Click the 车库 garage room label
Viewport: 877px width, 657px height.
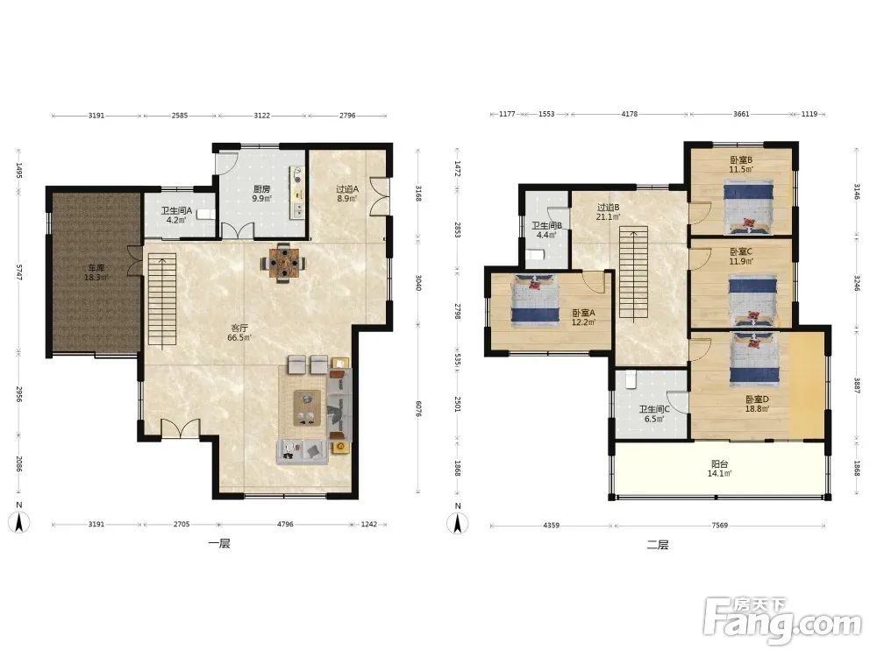[96, 267]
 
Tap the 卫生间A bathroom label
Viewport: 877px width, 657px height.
[177, 210]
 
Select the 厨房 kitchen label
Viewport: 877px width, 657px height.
[261, 189]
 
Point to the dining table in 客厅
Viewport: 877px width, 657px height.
[285, 262]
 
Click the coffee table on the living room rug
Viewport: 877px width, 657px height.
[307, 408]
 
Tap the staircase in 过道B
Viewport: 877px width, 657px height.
[633, 273]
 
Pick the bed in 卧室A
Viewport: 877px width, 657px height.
[535, 300]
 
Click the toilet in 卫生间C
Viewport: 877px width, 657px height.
[631, 379]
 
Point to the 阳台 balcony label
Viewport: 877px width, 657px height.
[719, 463]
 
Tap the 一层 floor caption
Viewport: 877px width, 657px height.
[218, 544]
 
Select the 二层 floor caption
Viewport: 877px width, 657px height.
[658, 545]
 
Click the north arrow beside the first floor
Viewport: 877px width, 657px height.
[19, 522]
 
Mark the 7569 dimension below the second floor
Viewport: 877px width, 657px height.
[720, 525]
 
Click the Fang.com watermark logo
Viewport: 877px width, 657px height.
[783, 621]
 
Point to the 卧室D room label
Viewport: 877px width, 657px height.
[757, 399]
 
